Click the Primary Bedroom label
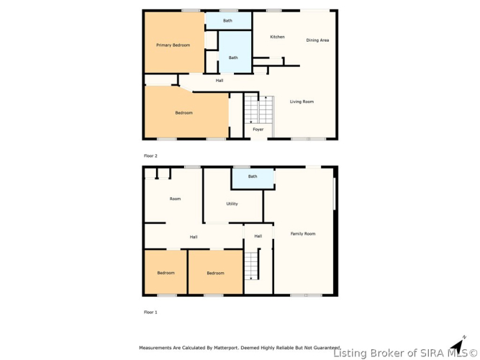click(x=173, y=45)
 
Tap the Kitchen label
click(x=277, y=37)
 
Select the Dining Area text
click(x=317, y=40)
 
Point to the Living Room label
click(x=302, y=102)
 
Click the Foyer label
click(x=258, y=130)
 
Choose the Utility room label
click(x=232, y=204)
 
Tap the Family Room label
click(x=303, y=234)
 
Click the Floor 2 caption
click(x=150, y=156)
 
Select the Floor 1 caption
click(x=150, y=312)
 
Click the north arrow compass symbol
click(x=458, y=346)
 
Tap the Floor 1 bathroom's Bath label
click(x=253, y=176)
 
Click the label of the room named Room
click(x=175, y=199)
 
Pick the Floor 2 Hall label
click(x=219, y=81)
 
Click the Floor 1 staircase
click(x=252, y=266)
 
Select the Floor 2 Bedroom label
click(x=184, y=113)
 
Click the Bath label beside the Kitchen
click(x=233, y=58)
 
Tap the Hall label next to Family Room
click(x=258, y=236)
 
